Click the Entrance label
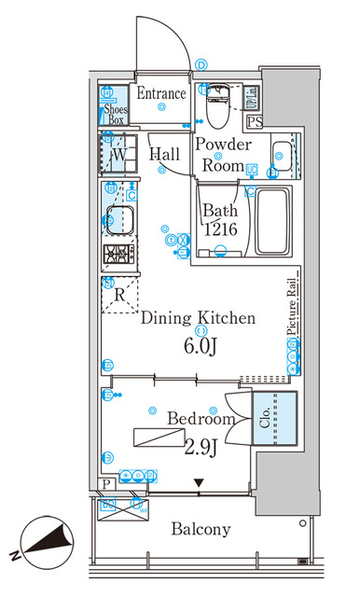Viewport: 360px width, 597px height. point(162,93)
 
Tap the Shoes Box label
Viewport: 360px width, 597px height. point(115,113)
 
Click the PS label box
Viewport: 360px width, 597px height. point(255,121)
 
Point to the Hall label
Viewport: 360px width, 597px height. point(165,154)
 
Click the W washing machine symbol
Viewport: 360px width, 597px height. point(118,154)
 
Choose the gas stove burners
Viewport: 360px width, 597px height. point(119,255)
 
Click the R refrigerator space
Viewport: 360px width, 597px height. point(118,296)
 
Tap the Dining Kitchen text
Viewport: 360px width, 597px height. point(198,318)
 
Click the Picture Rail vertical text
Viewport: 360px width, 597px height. point(291,312)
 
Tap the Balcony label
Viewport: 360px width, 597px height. point(201,529)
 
